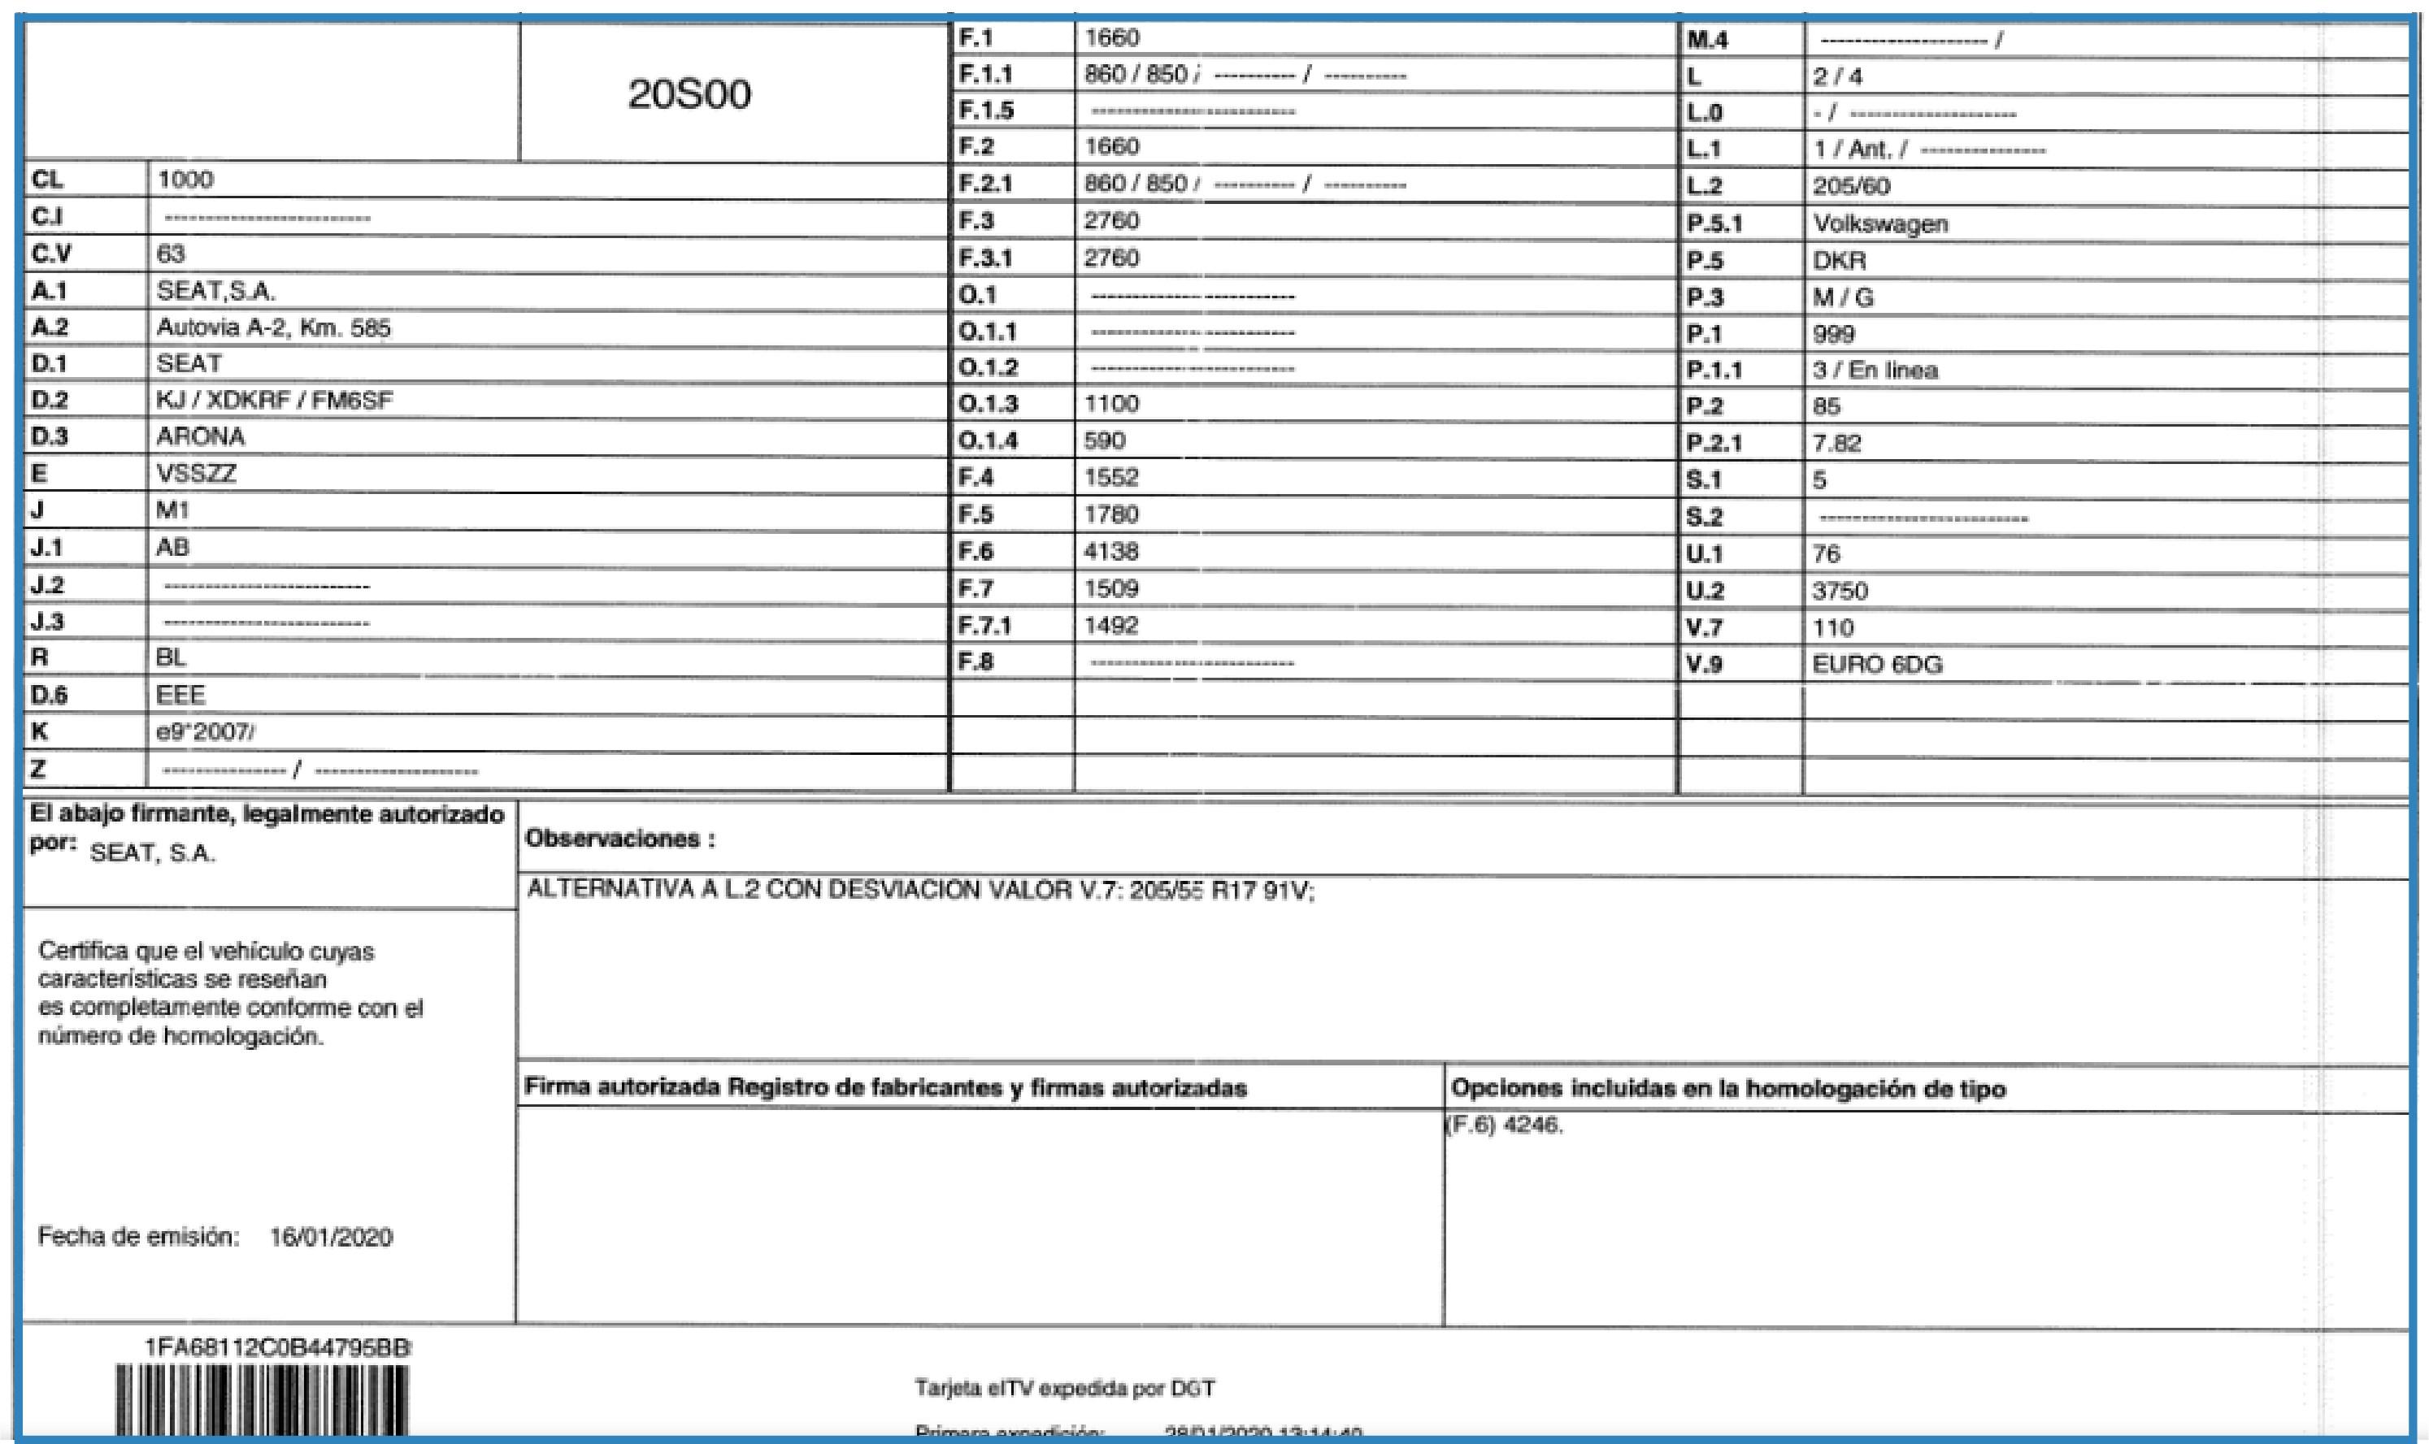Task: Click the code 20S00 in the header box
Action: (x=689, y=94)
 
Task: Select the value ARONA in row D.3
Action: (x=201, y=437)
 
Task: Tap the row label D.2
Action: (x=50, y=400)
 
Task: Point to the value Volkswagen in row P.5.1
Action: (x=1880, y=223)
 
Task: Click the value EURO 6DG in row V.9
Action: (x=1876, y=665)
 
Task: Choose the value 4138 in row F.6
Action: (x=1110, y=552)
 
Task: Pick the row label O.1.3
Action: (x=988, y=404)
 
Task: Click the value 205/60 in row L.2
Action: (x=1851, y=187)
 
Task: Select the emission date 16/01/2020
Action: (x=331, y=1237)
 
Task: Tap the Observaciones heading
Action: (x=620, y=839)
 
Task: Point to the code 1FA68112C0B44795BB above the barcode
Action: (x=277, y=1347)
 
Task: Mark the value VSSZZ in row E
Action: (x=196, y=474)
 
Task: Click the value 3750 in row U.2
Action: (x=1840, y=592)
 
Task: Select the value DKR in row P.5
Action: (x=1840, y=261)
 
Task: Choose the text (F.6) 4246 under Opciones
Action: (x=1505, y=1125)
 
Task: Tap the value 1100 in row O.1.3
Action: (x=1110, y=404)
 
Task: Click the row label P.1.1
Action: (x=1714, y=371)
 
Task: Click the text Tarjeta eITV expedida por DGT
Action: (x=1065, y=1389)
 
